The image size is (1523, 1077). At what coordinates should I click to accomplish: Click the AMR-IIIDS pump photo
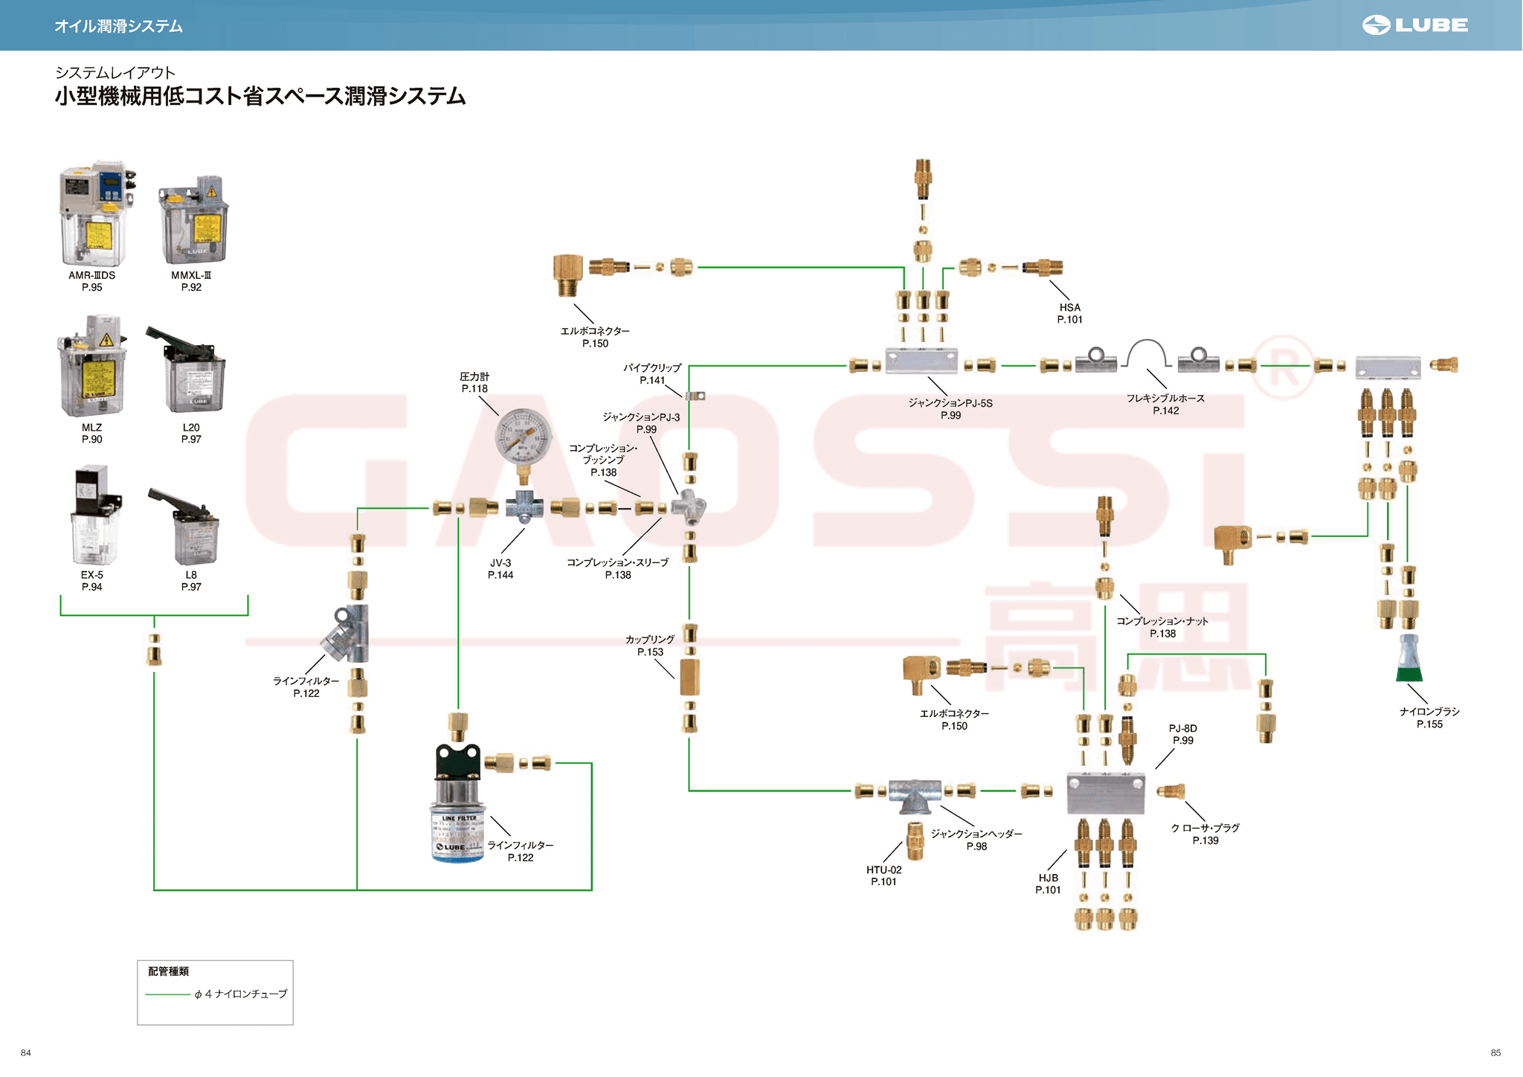[x=95, y=214]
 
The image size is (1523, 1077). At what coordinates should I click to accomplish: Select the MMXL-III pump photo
[x=194, y=220]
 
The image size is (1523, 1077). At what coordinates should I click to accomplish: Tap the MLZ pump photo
[x=92, y=367]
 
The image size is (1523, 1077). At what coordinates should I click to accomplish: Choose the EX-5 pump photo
[x=94, y=516]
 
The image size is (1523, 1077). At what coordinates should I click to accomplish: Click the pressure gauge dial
[x=524, y=437]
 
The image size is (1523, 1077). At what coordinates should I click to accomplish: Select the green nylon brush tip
[x=1409, y=674]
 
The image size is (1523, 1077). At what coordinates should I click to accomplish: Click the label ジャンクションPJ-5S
[x=950, y=403]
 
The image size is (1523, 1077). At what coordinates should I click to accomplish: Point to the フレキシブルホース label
[x=1165, y=399]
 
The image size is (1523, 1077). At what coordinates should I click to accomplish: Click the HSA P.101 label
[x=1069, y=313]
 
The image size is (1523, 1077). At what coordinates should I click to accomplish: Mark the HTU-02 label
[x=883, y=870]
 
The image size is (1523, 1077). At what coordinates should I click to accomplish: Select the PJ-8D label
[x=1182, y=729]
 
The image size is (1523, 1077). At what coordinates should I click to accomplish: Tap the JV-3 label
[x=500, y=564]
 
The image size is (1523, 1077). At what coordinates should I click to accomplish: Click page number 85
[x=1495, y=1052]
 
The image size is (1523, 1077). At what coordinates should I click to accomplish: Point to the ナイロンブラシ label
[x=1429, y=712]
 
